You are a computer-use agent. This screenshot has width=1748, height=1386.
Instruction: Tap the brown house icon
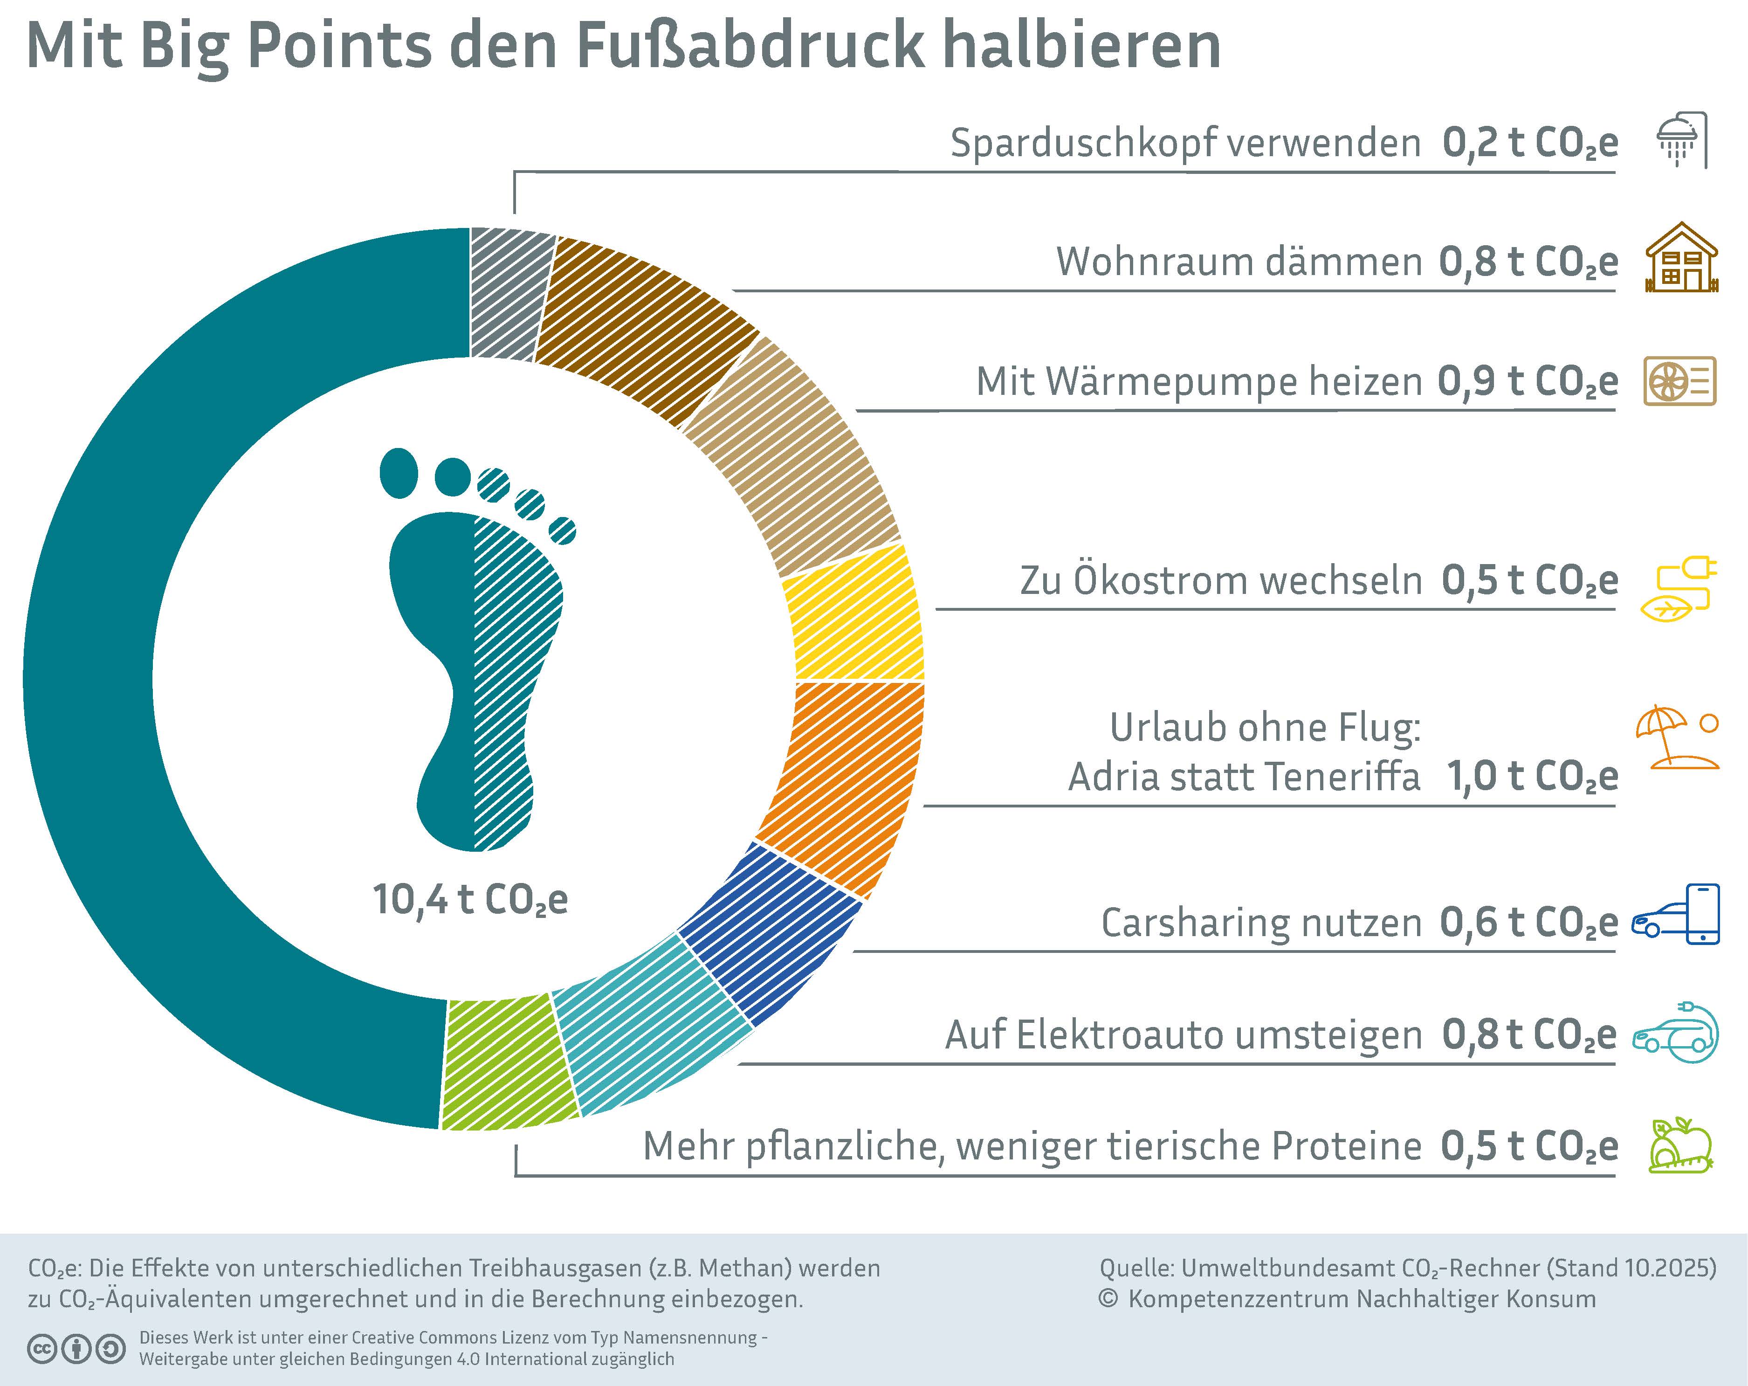[x=1681, y=258]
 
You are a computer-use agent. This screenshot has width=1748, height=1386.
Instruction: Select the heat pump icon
[x=1679, y=380]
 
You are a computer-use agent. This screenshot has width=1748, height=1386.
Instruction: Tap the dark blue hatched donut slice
[x=766, y=933]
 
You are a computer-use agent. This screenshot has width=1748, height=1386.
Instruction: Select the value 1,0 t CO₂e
[x=1532, y=776]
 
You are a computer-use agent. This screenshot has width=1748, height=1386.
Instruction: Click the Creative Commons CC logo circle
[x=41, y=1349]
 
